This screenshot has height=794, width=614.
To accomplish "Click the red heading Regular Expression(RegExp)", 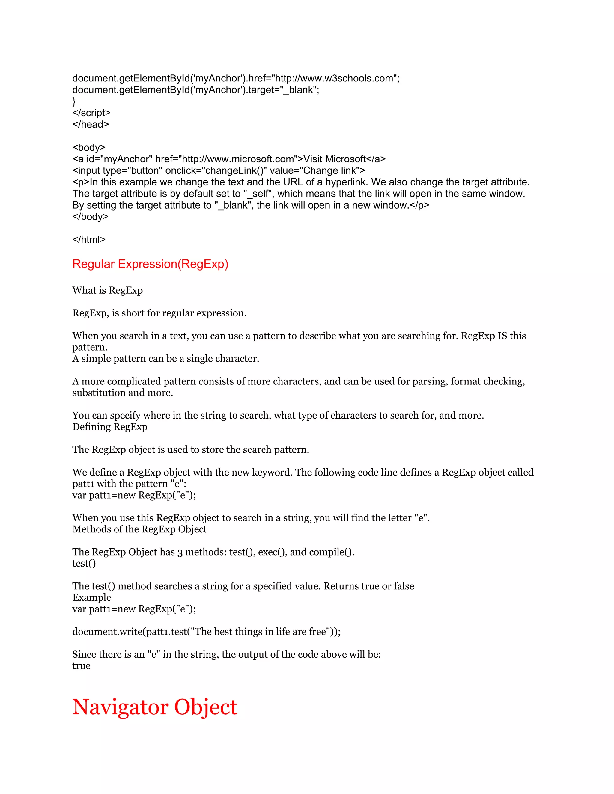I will (x=150, y=264).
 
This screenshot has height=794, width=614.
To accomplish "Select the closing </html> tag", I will (x=89, y=240).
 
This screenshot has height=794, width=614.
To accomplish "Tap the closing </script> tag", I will (x=91, y=113).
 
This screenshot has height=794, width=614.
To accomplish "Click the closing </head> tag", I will (x=91, y=124).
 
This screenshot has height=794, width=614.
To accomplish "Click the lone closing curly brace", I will (x=74, y=102).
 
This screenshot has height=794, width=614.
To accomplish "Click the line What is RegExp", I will (x=107, y=290).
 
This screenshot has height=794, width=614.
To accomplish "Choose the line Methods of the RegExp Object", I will (x=139, y=529).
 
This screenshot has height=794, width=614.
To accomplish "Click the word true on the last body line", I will (x=81, y=666).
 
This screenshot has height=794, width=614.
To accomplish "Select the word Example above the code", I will (x=92, y=598).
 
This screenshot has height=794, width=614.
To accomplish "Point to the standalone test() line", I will (x=84, y=564).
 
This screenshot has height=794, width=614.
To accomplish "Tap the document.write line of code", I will (x=206, y=632).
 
